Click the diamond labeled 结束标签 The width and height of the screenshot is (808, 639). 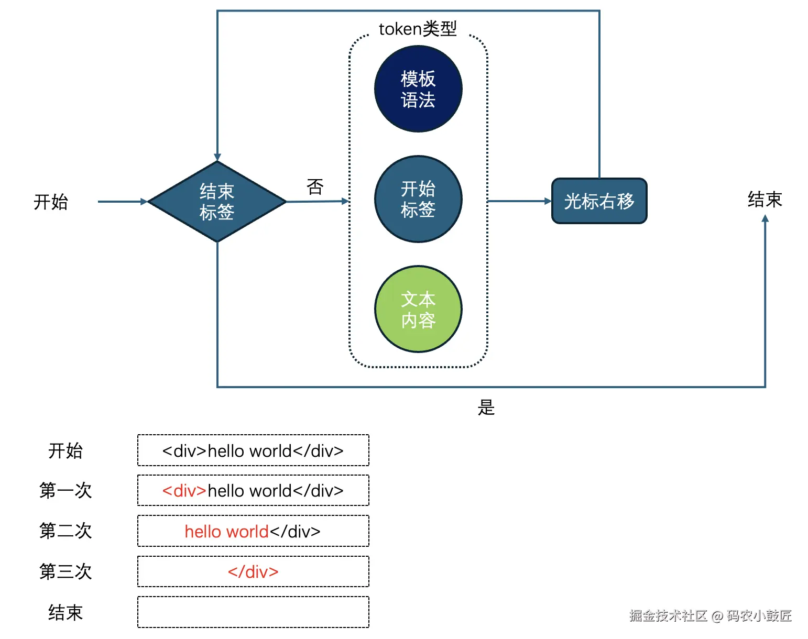[x=217, y=202]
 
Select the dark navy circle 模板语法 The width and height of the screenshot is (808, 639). [x=418, y=89]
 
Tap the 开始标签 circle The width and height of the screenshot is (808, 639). [x=418, y=199]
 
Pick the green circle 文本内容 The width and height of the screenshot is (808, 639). [x=418, y=309]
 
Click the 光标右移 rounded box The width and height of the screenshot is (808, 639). [x=599, y=201]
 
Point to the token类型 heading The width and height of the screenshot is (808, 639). [x=418, y=29]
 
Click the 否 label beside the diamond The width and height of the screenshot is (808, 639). [x=315, y=186]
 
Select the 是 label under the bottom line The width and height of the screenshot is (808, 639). [x=486, y=407]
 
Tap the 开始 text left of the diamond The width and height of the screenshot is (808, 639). [x=51, y=202]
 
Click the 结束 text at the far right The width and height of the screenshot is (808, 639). [x=765, y=200]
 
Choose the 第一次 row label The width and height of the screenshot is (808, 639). [x=65, y=491]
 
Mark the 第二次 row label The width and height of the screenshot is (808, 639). [x=65, y=531]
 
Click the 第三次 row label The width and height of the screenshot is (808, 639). [x=65, y=571]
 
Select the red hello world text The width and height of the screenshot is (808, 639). [x=226, y=532]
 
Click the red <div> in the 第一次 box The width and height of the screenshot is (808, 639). [x=184, y=491]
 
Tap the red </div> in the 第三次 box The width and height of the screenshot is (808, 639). [x=253, y=572]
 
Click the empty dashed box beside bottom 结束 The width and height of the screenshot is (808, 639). [x=253, y=612]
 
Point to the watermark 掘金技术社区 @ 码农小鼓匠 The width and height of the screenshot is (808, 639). [x=710, y=615]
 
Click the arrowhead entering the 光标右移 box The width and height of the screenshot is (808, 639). [x=548, y=201]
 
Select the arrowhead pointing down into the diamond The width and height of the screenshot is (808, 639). [x=217, y=158]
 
